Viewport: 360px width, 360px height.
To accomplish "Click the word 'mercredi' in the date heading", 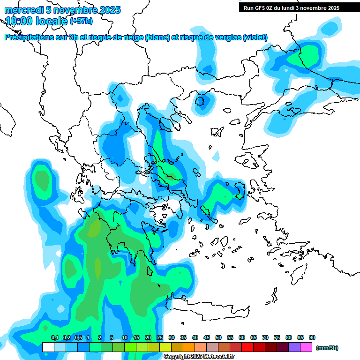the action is [x=22, y=10].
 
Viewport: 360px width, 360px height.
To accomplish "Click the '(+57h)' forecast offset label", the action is [x=81, y=21].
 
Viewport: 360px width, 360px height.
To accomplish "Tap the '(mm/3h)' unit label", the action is [x=327, y=348].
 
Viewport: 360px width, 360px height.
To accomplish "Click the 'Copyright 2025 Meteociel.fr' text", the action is [x=199, y=357].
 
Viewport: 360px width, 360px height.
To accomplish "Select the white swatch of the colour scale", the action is [x=48, y=347].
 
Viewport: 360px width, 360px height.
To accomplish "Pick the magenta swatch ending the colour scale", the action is [x=306, y=347].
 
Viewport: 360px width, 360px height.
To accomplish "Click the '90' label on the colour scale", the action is [x=312, y=337].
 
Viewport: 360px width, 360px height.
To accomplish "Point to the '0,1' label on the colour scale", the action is [x=54, y=337].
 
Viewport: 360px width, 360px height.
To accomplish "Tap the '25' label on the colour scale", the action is [x=160, y=337].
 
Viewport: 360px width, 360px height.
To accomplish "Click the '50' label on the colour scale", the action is [x=218, y=337].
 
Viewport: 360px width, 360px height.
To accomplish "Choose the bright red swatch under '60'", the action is [x=247, y=347].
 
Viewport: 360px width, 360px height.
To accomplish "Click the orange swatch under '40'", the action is [x=189, y=347].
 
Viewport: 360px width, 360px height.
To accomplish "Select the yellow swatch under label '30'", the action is [x=165, y=347].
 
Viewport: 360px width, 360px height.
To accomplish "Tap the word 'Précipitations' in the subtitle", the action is [x=32, y=37].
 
